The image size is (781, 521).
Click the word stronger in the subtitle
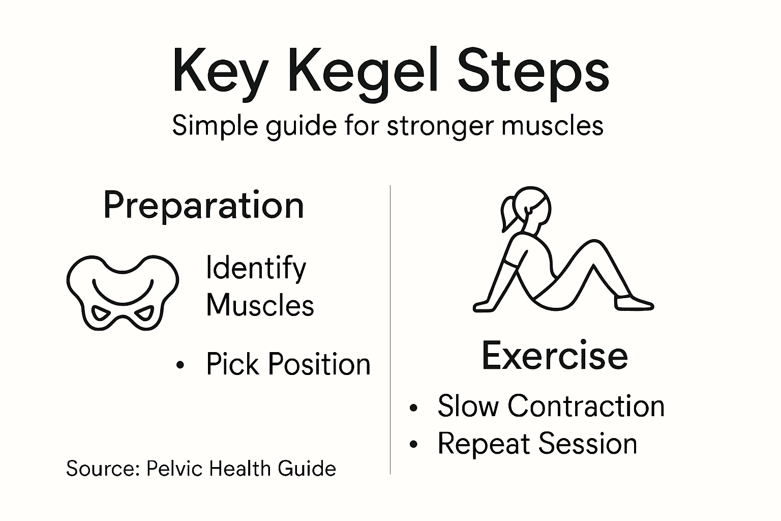click(440, 125)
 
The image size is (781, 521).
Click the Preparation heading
click(203, 206)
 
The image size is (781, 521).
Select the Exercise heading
click(554, 356)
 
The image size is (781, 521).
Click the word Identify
click(256, 268)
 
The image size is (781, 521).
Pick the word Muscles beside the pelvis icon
click(260, 305)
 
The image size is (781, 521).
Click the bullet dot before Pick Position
click(179, 365)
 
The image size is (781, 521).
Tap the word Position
click(319, 364)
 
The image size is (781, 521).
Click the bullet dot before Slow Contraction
click(414, 408)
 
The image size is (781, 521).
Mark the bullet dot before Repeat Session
click(414, 445)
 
